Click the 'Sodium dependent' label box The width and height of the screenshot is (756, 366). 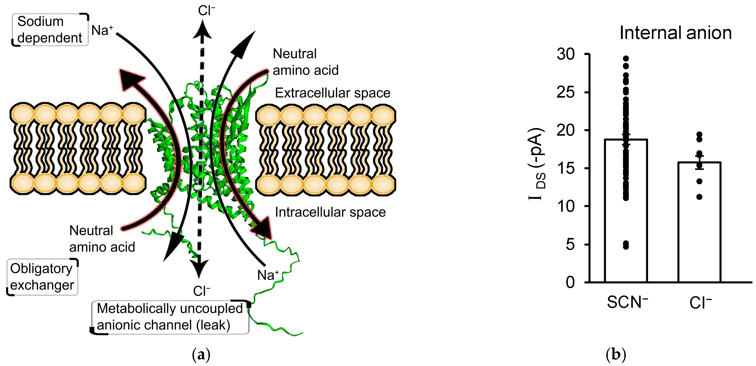pos(50,30)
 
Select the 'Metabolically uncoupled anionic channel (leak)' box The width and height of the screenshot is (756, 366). pos(170,317)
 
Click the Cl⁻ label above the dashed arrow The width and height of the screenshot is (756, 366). pos(206,11)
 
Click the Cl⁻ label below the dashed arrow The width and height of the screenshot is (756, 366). pos(201,291)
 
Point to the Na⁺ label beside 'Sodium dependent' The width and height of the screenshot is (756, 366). pos(102,30)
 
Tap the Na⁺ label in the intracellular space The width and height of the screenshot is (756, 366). pos(268,275)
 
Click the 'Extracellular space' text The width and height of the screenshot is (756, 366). pos(332,93)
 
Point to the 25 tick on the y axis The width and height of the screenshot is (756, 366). pos(565,92)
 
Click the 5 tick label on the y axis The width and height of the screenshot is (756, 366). pos(570,244)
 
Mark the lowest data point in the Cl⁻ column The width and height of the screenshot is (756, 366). pos(699,197)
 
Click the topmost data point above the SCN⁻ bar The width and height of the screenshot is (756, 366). pos(626,59)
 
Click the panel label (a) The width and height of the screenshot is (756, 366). pos(201,355)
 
